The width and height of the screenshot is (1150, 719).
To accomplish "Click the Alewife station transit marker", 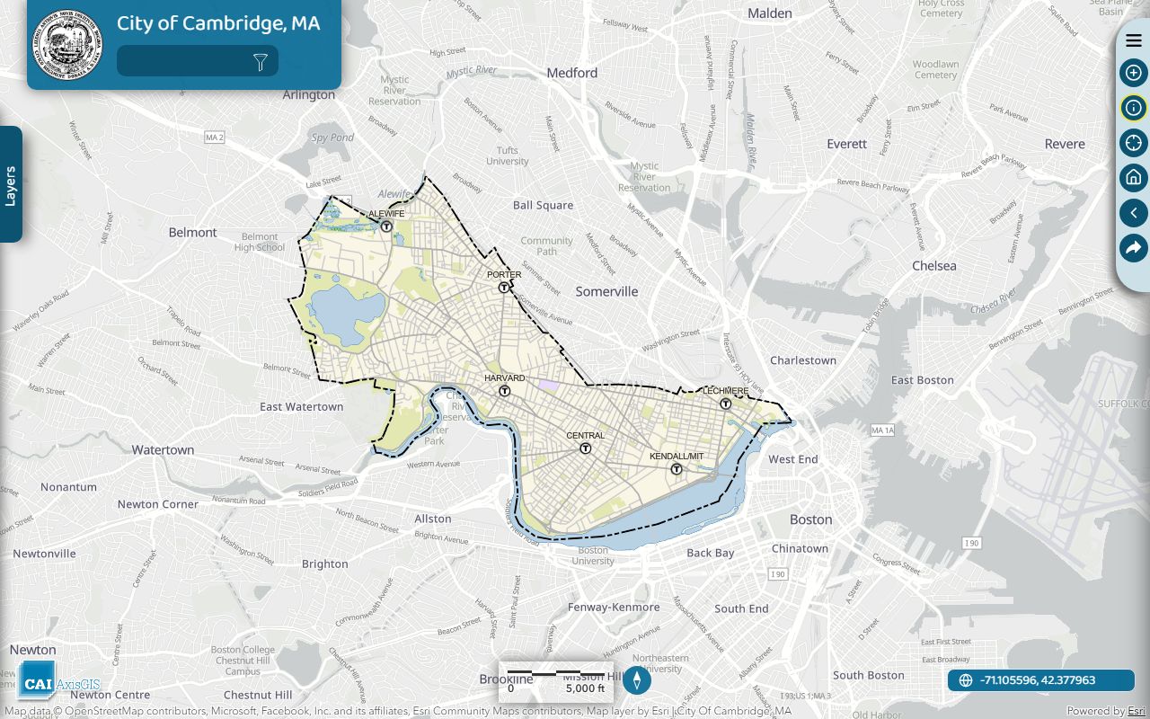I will [x=386, y=226].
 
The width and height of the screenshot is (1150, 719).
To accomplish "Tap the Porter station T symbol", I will [x=504, y=288].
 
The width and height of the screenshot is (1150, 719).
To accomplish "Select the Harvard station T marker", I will [x=505, y=391].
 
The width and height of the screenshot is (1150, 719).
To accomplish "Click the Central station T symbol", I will [x=585, y=448].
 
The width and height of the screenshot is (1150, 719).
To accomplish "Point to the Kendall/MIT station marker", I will [x=677, y=469].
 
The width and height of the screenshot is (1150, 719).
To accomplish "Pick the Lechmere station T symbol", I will [x=726, y=404].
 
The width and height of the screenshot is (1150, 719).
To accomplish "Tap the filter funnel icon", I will [x=261, y=62].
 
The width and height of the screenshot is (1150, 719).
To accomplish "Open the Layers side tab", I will [x=11, y=185].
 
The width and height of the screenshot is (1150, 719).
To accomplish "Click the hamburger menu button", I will [x=1134, y=40].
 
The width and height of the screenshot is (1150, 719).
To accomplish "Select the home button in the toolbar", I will [x=1134, y=177].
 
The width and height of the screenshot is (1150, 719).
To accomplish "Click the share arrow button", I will [x=1134, y=248].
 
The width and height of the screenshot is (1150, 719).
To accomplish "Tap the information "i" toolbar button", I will [x=1134, y=108].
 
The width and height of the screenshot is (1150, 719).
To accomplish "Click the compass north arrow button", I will [x=637, y=680].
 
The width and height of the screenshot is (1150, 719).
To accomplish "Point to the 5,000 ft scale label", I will [x=585, y=688].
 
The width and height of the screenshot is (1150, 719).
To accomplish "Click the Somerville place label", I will [x=606, y=291].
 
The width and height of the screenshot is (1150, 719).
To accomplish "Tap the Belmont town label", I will [x=193, y=232].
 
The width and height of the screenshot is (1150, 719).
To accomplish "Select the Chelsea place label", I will [x=934, y=266].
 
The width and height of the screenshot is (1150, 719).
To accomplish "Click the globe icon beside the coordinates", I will [x=966, y=680].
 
